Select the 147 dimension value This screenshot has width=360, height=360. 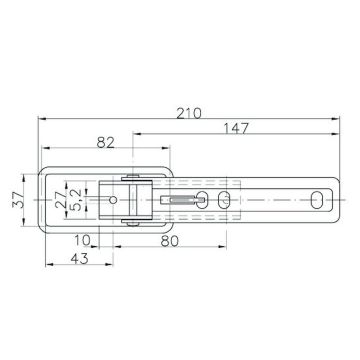tap(237, 127)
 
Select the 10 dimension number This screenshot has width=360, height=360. tap(83, 239)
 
